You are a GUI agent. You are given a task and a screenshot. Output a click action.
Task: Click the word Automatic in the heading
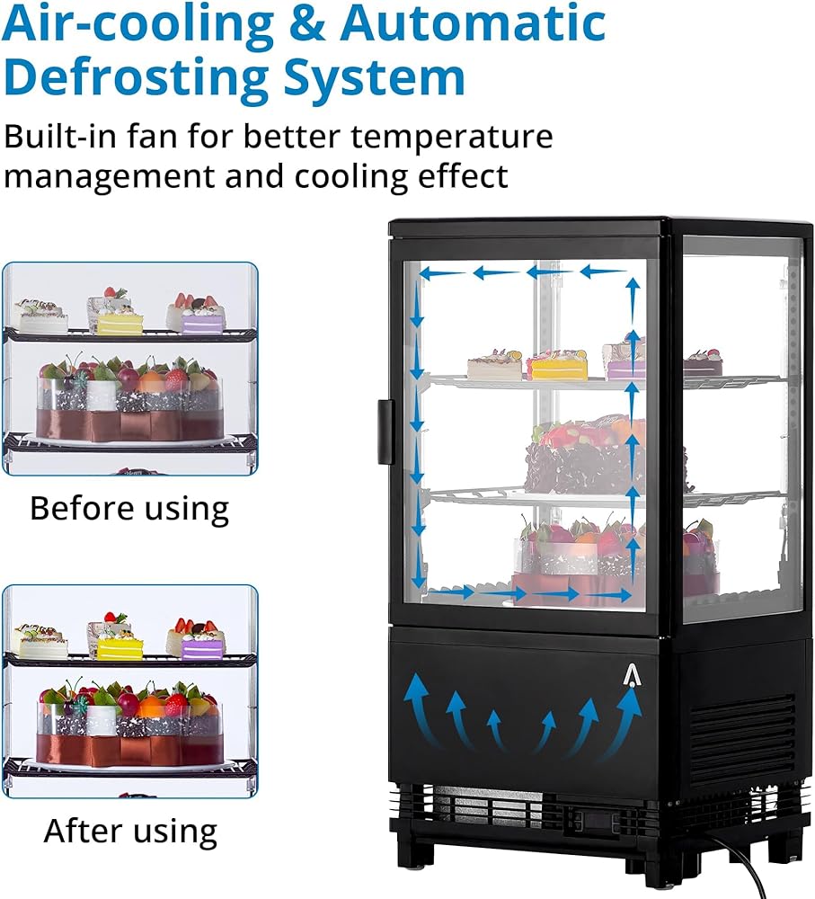[473, 23]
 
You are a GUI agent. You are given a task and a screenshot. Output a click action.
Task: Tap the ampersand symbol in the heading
[307, 24]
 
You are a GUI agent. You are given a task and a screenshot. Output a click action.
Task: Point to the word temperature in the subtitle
[452, 138]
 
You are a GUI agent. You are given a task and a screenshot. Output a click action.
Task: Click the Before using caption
[129, 509]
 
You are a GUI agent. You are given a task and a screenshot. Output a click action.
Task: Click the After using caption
[130, 832]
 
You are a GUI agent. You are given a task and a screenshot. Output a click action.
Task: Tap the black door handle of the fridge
[385, 432]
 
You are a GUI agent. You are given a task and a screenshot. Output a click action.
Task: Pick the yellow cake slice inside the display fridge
[557, 367]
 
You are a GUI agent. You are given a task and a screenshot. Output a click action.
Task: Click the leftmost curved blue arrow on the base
[421, 710]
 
